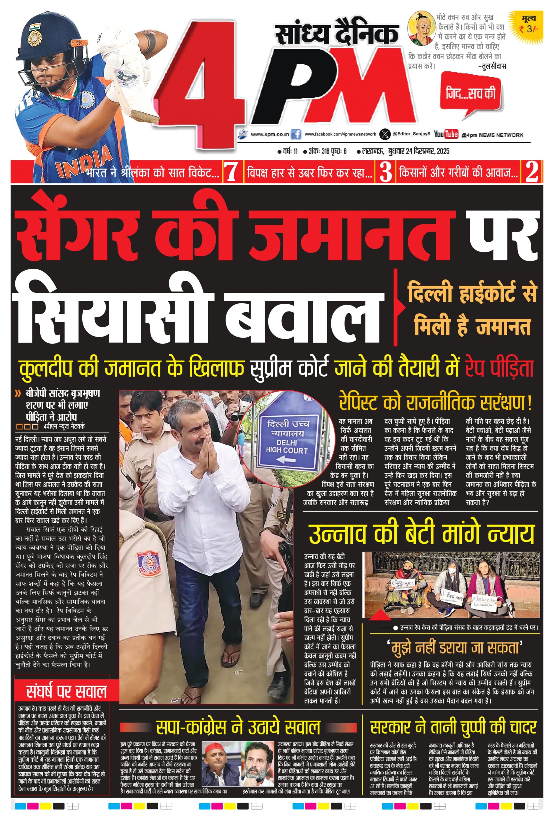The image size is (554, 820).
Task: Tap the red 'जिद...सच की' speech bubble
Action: [470, 93]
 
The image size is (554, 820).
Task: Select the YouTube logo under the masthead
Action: [446, 134]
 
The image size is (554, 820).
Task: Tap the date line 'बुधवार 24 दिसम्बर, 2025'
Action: [418, 152]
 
